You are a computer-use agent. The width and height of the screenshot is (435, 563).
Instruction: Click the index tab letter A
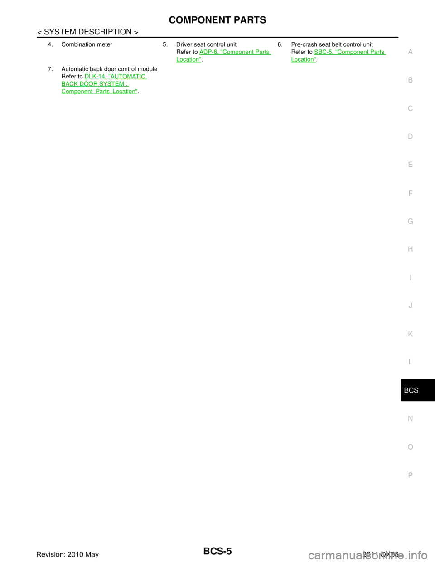pyautogui.click(x=410, y=52)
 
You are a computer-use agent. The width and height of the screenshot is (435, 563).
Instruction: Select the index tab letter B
pyautogui.click(x=410, y=80)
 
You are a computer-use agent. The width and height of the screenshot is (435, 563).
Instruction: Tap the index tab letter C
pyautogui.click(x=410, y=108)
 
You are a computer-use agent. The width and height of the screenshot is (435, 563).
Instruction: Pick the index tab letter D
pyautogui.click(x=410, y=136)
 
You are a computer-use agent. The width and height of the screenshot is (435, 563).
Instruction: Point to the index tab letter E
pyautogui.click(x=410, y=165)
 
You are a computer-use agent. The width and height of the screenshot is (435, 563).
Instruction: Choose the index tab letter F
pyautogui.click(x=410, y=193)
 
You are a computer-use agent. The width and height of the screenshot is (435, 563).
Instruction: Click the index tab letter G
pyautogui.click(x=410, y=222)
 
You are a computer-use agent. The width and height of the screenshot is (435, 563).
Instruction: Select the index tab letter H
pyautogui.click(x=410, y=249)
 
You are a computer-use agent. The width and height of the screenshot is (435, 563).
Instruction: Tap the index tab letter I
pyautogui.click(x=410, y=278)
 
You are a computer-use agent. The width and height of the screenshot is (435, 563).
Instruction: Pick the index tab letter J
pyautogui.click(x=410, y=306)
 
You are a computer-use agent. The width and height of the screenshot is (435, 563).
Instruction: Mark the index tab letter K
pyautogui.click(x=410, y=334)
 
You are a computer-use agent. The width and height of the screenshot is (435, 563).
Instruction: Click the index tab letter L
pyautogui.click(x=410, y=362)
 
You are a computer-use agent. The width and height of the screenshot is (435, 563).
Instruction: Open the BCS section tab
pyautogui.click(x=411, y=390)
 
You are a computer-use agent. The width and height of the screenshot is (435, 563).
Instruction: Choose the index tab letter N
pyautogui.click(x=410, y=419)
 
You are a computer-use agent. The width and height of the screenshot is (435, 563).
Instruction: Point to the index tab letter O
pyautogui.click(x=410, y=447)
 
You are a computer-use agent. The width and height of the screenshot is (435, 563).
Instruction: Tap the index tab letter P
pyautogui.click(x=410, y=475)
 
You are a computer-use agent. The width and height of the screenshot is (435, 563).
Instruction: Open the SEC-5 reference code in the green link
pyautogui.click(x=323, y=52)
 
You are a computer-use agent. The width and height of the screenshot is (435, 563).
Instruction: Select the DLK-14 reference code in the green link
pyautogui.click(x=94, y=77)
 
